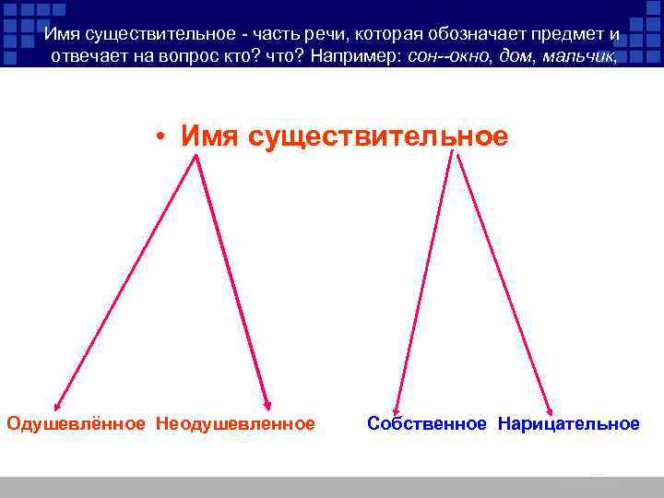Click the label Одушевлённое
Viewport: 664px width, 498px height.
(x=76, y=423)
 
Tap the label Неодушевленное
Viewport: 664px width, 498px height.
(x=235, y=423)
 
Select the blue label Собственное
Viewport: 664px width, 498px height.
(x=426, y=423)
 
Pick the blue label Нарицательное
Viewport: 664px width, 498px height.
(x=568, y=423)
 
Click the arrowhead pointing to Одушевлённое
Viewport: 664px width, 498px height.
(x=57, y=405)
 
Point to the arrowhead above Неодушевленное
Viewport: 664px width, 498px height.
(x=267, y=405)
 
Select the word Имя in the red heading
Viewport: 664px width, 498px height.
(x=208, y=136)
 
